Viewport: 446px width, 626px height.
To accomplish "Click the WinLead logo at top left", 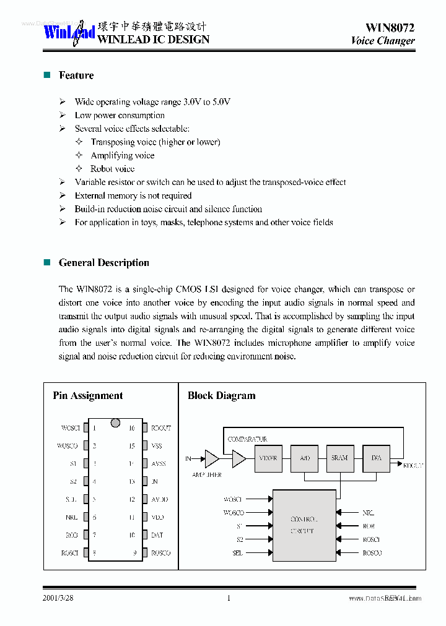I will click(x=68, y=32).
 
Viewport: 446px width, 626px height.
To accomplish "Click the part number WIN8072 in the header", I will click(x=390, y=27).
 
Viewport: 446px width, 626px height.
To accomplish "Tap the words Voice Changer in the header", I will click(x=382, y=41).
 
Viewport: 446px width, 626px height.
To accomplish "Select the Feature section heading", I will click(x=76, y=75).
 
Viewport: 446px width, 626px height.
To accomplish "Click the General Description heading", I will click(x=103, y=263).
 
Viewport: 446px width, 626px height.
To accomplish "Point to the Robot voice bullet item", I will click(x=112, y=169).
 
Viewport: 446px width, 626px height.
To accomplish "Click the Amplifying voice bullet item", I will click(x=122, y=155).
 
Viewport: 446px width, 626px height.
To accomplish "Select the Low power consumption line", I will click(x=120, y=115).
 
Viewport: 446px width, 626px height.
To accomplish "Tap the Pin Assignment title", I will click(x=87, y=396).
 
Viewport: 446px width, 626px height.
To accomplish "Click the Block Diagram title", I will click(x=221, y=396).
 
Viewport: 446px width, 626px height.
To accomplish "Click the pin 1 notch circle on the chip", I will click(x=115, y=423).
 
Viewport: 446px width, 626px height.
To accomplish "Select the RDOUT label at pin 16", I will click(x=160, y=428).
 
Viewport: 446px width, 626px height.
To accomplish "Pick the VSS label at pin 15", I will click(x=157, y=446).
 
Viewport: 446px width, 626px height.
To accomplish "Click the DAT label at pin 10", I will click(x=157, y=535).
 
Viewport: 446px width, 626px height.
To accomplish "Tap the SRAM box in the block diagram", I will click(x=339, y=458).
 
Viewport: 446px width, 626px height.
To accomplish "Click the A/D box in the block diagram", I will click(x=304, y=458).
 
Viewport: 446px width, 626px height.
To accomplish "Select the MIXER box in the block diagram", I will click(x=268, y=458).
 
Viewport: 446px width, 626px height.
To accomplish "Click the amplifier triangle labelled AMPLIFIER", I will click(x=211, y=458).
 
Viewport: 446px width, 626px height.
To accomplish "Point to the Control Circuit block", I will click(x=304, y=525).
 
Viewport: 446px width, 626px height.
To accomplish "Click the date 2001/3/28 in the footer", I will click(x=58, y=598).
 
